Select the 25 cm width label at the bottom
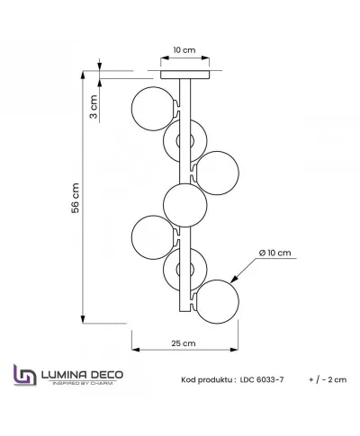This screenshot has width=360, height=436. click(x=184, y=343)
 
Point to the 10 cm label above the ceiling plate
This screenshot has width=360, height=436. click(x=184, y=50)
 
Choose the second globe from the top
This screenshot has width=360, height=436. click(x=185, y=138)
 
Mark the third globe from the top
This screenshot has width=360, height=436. click(x=218, y=170)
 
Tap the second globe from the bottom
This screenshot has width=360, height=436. click(x=185, y=268)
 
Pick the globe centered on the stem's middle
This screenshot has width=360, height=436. click(x=184, y=201)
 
